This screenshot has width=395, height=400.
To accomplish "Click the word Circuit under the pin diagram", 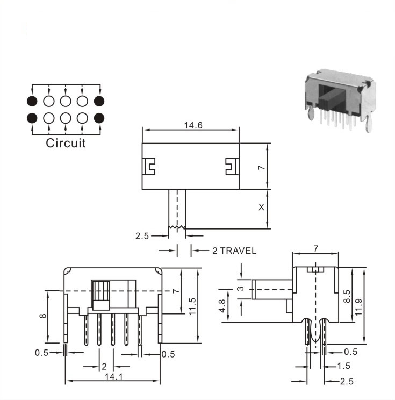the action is tap(66, 143).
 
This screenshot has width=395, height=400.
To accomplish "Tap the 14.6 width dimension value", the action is tap(193, 125).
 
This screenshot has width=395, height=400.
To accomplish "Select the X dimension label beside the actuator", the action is tap(261, 208).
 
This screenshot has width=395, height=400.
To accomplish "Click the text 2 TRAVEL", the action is tap(234, 251).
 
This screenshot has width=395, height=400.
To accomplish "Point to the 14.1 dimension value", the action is tap(114, 376).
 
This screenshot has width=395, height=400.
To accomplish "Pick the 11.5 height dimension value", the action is tap(192, 306).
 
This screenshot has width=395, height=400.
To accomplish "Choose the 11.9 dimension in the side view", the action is tap(358, 307).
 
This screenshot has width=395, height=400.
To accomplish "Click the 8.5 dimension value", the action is tap(347, 296).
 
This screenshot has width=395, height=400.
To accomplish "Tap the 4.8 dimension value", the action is tap(222, 305).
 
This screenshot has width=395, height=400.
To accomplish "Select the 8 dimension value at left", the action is tap(43, 316).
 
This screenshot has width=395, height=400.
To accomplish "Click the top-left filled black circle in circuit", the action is tap(32, 101).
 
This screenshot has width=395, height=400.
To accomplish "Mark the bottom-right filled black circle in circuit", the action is tap(99, 118).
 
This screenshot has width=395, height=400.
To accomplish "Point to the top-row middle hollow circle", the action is tap(66, 101).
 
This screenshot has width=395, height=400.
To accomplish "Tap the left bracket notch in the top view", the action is tap(149, 167).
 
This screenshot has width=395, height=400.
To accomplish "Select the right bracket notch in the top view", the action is tap(232, 167).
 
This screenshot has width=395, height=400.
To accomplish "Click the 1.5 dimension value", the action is tap(344, 366).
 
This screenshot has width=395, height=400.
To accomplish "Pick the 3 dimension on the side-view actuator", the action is tap(241, 289).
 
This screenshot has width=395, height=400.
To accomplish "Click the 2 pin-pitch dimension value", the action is tap(104, 367).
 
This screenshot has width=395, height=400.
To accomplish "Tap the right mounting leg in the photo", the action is tap(368, 124).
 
